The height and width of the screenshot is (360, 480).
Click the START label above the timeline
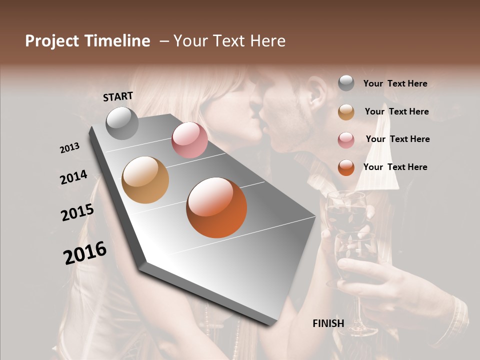coord(118,96)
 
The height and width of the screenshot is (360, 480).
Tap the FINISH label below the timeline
coord(328,323)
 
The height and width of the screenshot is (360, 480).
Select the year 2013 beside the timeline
coord(69,148)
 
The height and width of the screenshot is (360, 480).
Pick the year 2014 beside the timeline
coord(73,177)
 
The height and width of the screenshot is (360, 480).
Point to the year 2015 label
coord(77,212)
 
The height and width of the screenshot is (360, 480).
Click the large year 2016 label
coord(85,253)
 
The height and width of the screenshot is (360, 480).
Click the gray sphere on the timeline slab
coord(122,123)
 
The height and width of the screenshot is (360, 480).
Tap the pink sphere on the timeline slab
coord(189,140)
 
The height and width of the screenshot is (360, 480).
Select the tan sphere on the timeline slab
coord(145,180)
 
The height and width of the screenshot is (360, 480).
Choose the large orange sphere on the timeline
coord(216,207)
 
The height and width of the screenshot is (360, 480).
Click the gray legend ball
coord(346,83)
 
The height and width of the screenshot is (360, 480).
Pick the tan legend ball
coord(346,111)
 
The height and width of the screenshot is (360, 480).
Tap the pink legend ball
coord(346,139)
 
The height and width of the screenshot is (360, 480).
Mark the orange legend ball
coord(346,167)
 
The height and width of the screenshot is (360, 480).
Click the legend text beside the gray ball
coord(395,83)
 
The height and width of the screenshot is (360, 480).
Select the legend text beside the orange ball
coord(395,167)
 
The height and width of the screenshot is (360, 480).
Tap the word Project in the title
coord(52,41)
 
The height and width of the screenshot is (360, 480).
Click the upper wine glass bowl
coord(346,210)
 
